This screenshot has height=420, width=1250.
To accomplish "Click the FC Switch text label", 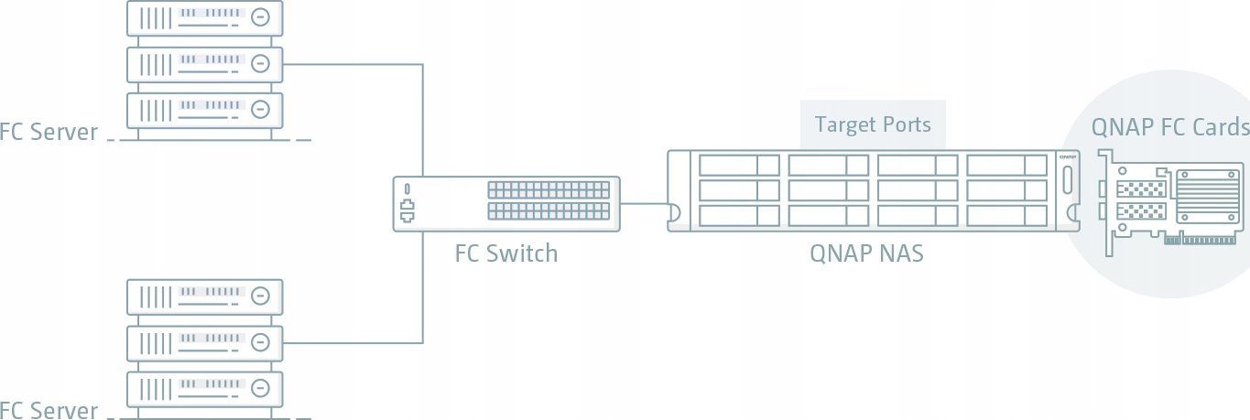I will (x=505, y=253).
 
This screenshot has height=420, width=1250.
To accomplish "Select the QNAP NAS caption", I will (x=866, y=253).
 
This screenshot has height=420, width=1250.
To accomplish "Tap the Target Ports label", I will (x=873, y=124).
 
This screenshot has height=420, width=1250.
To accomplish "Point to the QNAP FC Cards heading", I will (x=1169, y=127).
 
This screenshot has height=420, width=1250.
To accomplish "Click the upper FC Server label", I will (x=49, y=133).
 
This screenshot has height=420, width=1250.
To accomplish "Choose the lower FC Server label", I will (x=49, y=410).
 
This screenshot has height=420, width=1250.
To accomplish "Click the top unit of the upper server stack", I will (x=204, y=17).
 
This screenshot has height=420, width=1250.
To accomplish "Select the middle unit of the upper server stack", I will (x=204, y=64).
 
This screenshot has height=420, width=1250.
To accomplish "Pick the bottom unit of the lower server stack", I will (x=204, y=389).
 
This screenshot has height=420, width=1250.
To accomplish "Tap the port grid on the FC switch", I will (x=548, y=201).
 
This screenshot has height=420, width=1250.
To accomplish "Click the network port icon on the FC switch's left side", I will (x=407, y=214).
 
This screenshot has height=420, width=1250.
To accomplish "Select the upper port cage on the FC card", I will (x=1141, y=190).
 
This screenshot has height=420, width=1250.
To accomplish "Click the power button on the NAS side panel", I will (x=1067, y=204).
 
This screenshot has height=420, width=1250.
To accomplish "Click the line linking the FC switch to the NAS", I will (x=644, y=203).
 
